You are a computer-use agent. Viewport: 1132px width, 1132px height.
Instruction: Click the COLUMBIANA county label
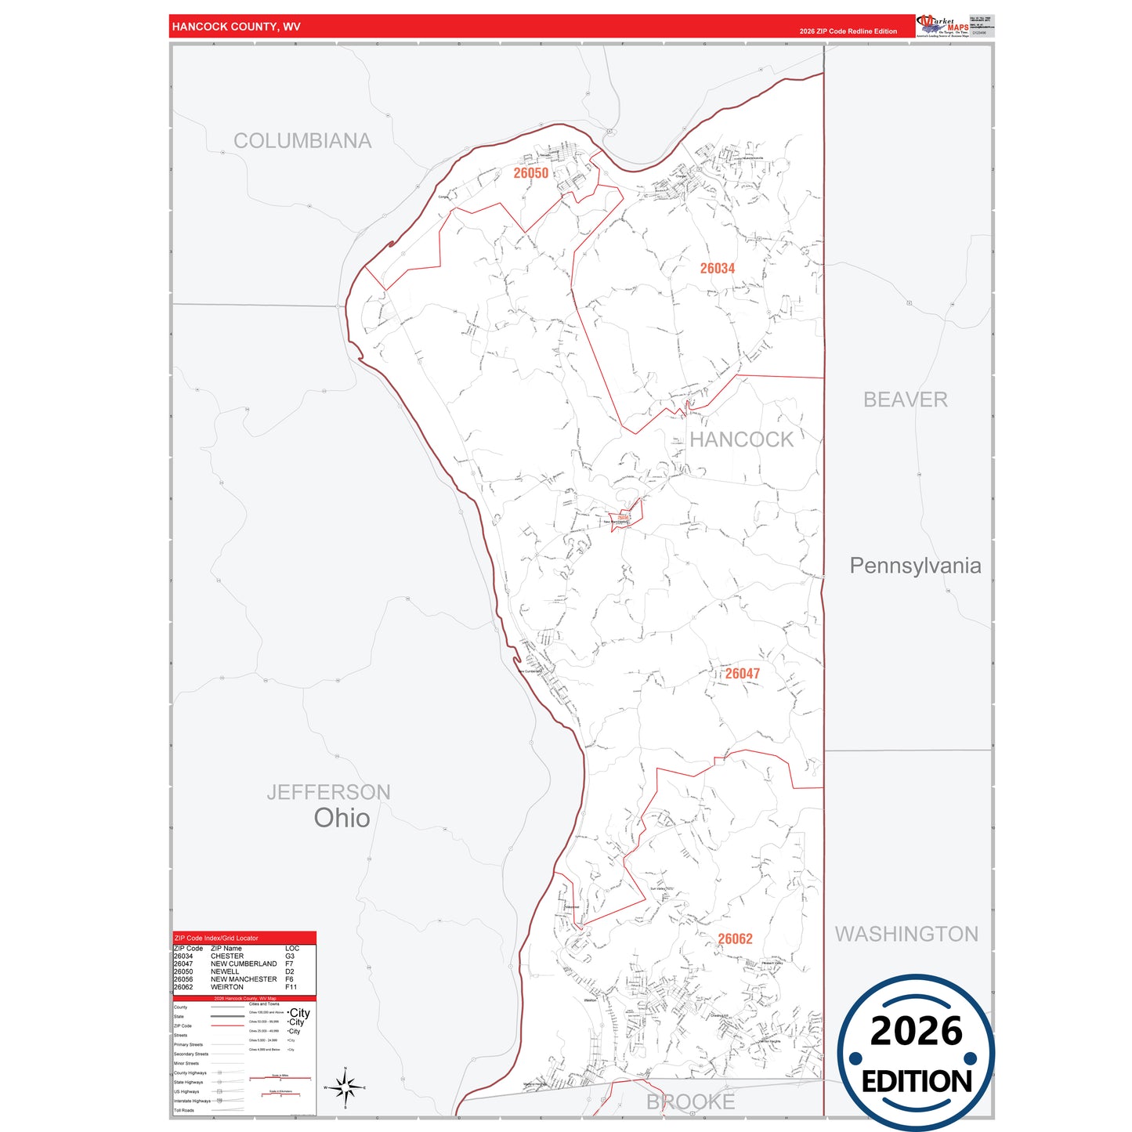pos(302,141)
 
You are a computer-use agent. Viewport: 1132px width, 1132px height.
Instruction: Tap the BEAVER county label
pos(905,400)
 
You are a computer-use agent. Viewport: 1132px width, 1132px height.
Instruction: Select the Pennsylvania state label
pos(915,566)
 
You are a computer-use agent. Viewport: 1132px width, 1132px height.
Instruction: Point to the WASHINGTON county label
pos(906,934)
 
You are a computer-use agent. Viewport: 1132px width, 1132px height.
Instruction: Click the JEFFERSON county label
pos(328,792)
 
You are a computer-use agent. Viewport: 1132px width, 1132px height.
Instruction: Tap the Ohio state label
pos(342,818)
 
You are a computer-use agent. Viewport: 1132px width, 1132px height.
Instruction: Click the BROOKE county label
pos(690,1102)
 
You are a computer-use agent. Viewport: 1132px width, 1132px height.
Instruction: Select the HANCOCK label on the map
pos(741,439)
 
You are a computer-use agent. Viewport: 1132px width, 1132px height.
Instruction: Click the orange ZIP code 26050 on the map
pos(530,173)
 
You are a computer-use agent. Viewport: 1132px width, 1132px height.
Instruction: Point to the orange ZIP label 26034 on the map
pos(717,269)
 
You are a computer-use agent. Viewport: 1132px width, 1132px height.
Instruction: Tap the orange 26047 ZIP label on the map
pos(742,674)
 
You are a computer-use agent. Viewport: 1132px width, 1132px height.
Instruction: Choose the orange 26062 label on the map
pos(735,939)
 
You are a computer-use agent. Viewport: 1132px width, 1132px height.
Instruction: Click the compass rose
pos(345,1087)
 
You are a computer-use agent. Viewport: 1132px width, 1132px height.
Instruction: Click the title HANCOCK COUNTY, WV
pos(236,27)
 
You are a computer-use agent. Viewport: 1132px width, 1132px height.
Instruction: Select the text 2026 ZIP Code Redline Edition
pos(848,31)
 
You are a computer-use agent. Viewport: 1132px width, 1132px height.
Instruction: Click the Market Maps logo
pos(942,26)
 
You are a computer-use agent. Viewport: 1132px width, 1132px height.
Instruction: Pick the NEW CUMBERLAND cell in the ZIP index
pos(244,964)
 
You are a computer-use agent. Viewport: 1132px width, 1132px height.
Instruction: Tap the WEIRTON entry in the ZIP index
pos(226,987)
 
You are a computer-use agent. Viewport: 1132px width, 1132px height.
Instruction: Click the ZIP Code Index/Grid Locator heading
pos(216,938)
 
